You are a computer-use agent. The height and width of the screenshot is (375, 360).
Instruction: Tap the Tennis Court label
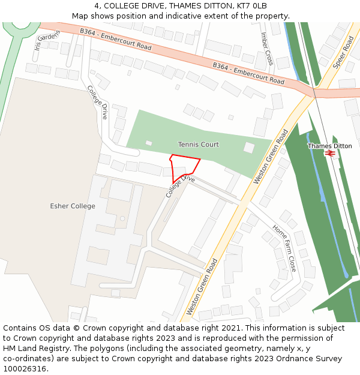pos(198,145)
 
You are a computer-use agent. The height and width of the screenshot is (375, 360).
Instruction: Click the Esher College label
pos(73,206)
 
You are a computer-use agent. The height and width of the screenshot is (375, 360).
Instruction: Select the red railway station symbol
pos(329,154)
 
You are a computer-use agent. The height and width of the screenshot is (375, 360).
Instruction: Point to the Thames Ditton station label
pos(329,146)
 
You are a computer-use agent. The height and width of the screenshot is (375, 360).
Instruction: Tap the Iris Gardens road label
pos(47,39)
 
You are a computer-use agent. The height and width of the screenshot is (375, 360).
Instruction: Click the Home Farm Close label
pos(284,248)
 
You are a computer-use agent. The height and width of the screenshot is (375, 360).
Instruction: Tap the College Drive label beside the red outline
pos(181,186)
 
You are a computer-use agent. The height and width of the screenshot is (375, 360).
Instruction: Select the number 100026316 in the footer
pos(26,369)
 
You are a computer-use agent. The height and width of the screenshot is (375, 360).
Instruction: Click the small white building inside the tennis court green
pos(248,148)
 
